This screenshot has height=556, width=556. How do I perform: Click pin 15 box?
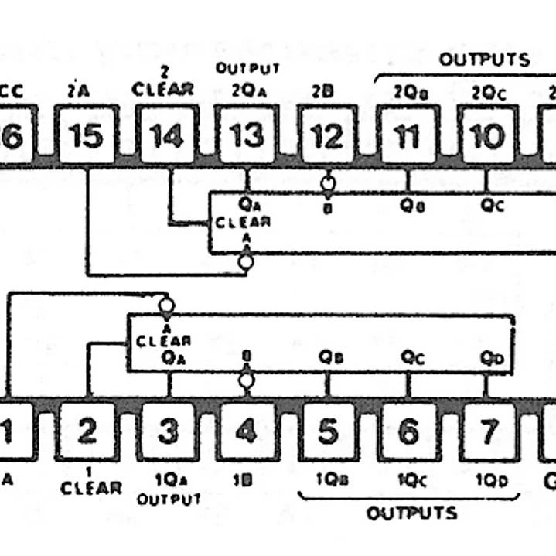[86, 135]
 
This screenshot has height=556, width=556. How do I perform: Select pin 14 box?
[167, 135]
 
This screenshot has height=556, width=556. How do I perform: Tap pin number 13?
[247, 135]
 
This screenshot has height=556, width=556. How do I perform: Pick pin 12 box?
[327, 135]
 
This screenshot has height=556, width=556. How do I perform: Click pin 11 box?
[407, 135]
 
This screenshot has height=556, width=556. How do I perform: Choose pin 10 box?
[487, 135]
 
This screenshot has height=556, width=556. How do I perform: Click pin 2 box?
[87, 431]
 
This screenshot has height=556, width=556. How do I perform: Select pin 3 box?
[168, 431]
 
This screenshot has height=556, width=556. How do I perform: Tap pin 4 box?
[246, 431]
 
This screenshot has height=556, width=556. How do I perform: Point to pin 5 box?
[327, 431]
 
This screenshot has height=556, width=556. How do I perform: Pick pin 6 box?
[408, 431]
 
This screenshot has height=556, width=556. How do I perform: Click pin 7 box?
[488, 431]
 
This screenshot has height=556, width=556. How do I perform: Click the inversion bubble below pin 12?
[328, 184]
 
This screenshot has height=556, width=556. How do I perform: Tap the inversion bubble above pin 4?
[246, 380]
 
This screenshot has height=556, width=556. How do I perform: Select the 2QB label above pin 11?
[406, 92]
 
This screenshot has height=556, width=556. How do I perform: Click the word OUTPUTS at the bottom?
[411, 513]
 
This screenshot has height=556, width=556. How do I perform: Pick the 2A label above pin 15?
[78, 91]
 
